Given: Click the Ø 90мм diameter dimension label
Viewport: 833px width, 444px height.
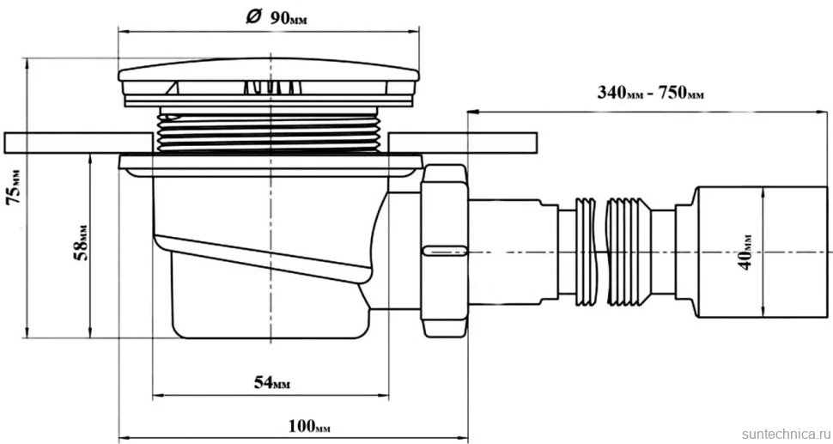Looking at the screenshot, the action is (x=277, y=17).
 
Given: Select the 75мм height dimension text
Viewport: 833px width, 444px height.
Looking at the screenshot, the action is (x=15, y=187).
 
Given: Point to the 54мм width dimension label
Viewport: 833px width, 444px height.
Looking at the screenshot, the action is (x=272, y=382).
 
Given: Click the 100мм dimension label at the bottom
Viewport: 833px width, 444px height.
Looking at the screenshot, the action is (x=313, y=426).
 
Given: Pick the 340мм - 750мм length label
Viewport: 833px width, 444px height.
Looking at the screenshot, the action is (x=651, y=93).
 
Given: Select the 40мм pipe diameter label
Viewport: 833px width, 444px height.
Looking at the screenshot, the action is (x=746, y=252).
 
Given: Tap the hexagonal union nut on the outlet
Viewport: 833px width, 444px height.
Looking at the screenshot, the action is (x=445, y=250).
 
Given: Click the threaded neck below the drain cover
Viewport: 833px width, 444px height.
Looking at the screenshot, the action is (x=270, y=131).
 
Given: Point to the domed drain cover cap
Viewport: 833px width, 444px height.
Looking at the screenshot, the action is (x=269, y=70).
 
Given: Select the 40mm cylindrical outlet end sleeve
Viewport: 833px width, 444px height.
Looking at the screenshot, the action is (x=761, y=252).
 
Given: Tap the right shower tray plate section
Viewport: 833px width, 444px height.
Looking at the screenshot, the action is (x=463, y=143).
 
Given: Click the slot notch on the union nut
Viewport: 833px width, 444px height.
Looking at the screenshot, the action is (x=445, y=250).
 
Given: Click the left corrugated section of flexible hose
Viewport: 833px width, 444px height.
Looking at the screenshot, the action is (x=586, y=252).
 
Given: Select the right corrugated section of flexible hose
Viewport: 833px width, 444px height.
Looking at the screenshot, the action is (x=628, y=252).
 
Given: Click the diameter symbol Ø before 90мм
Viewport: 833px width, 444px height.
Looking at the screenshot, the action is (x=252, y=17).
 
